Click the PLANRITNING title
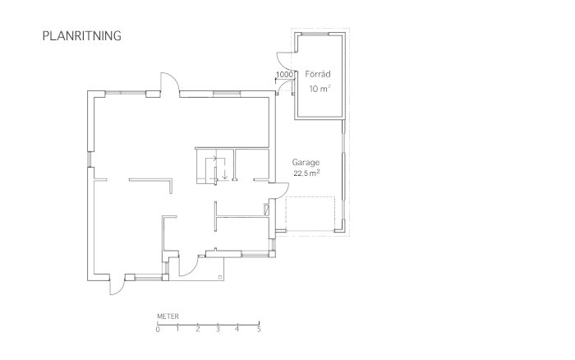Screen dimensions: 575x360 pyautogui.click(x=82, y=35)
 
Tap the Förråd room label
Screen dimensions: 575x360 pyautogui.click(x=318, y=74)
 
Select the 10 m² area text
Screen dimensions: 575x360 pyautogui.click(x=320, y=89)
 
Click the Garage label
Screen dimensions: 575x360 pyautogui.click(x=306, y=162)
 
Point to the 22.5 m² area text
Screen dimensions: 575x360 pyautogui.click(x=306, y=173)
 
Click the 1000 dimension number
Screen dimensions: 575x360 pyautogui.click(x=284, y=75)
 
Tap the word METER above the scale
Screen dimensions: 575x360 pyautogui.click(x=168, y=316)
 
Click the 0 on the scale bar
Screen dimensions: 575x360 pyautogui.click(x=158, y=329)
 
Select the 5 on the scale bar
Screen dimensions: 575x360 pyautogui.click(x=259, y=329)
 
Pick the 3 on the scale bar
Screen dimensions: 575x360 pyautogui.click(x=218, y=329)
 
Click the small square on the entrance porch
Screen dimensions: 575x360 pyautogui.click(x=220, y=277)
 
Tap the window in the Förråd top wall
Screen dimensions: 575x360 pyautogui.click(x=315, y=35)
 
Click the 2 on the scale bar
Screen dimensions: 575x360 pyautogui.click(x=198, y=329)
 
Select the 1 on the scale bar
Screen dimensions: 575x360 pyautogui.click(x=177, y=329)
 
